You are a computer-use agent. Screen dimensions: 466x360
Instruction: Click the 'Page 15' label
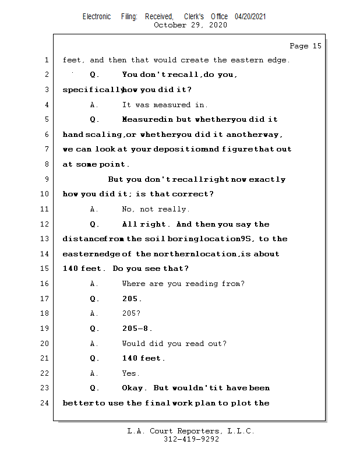click(305, 46)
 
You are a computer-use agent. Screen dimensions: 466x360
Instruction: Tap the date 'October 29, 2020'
click(190, 25)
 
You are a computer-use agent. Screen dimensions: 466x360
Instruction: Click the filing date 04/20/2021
click(250, 17)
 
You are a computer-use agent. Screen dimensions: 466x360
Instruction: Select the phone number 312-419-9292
click(191, 440)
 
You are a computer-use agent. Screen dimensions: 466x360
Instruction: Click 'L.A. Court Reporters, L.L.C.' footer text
click(190, 431)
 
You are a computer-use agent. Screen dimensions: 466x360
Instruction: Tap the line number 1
click(46, 60)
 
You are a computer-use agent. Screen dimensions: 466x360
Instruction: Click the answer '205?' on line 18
click(131, 313)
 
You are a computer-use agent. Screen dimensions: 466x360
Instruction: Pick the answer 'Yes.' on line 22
click(130, 373)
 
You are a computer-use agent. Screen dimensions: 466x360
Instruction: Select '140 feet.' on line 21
click(143, 358)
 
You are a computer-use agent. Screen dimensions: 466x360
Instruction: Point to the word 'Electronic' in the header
click(97, 17)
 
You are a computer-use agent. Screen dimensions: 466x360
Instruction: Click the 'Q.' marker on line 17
click(94, 299)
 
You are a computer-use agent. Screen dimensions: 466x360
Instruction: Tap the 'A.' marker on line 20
click(94, 344)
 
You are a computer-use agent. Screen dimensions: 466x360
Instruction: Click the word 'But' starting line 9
click(116, 179)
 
